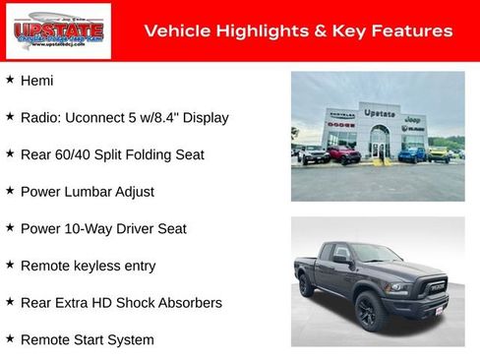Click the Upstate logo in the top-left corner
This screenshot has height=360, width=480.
45,31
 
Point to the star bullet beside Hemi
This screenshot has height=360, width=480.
10,79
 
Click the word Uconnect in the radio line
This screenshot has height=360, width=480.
100,117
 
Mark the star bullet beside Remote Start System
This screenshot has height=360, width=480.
10,338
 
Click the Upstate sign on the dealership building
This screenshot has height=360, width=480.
379,113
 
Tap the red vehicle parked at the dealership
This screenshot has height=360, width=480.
343,154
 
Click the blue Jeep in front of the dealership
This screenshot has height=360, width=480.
412,153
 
